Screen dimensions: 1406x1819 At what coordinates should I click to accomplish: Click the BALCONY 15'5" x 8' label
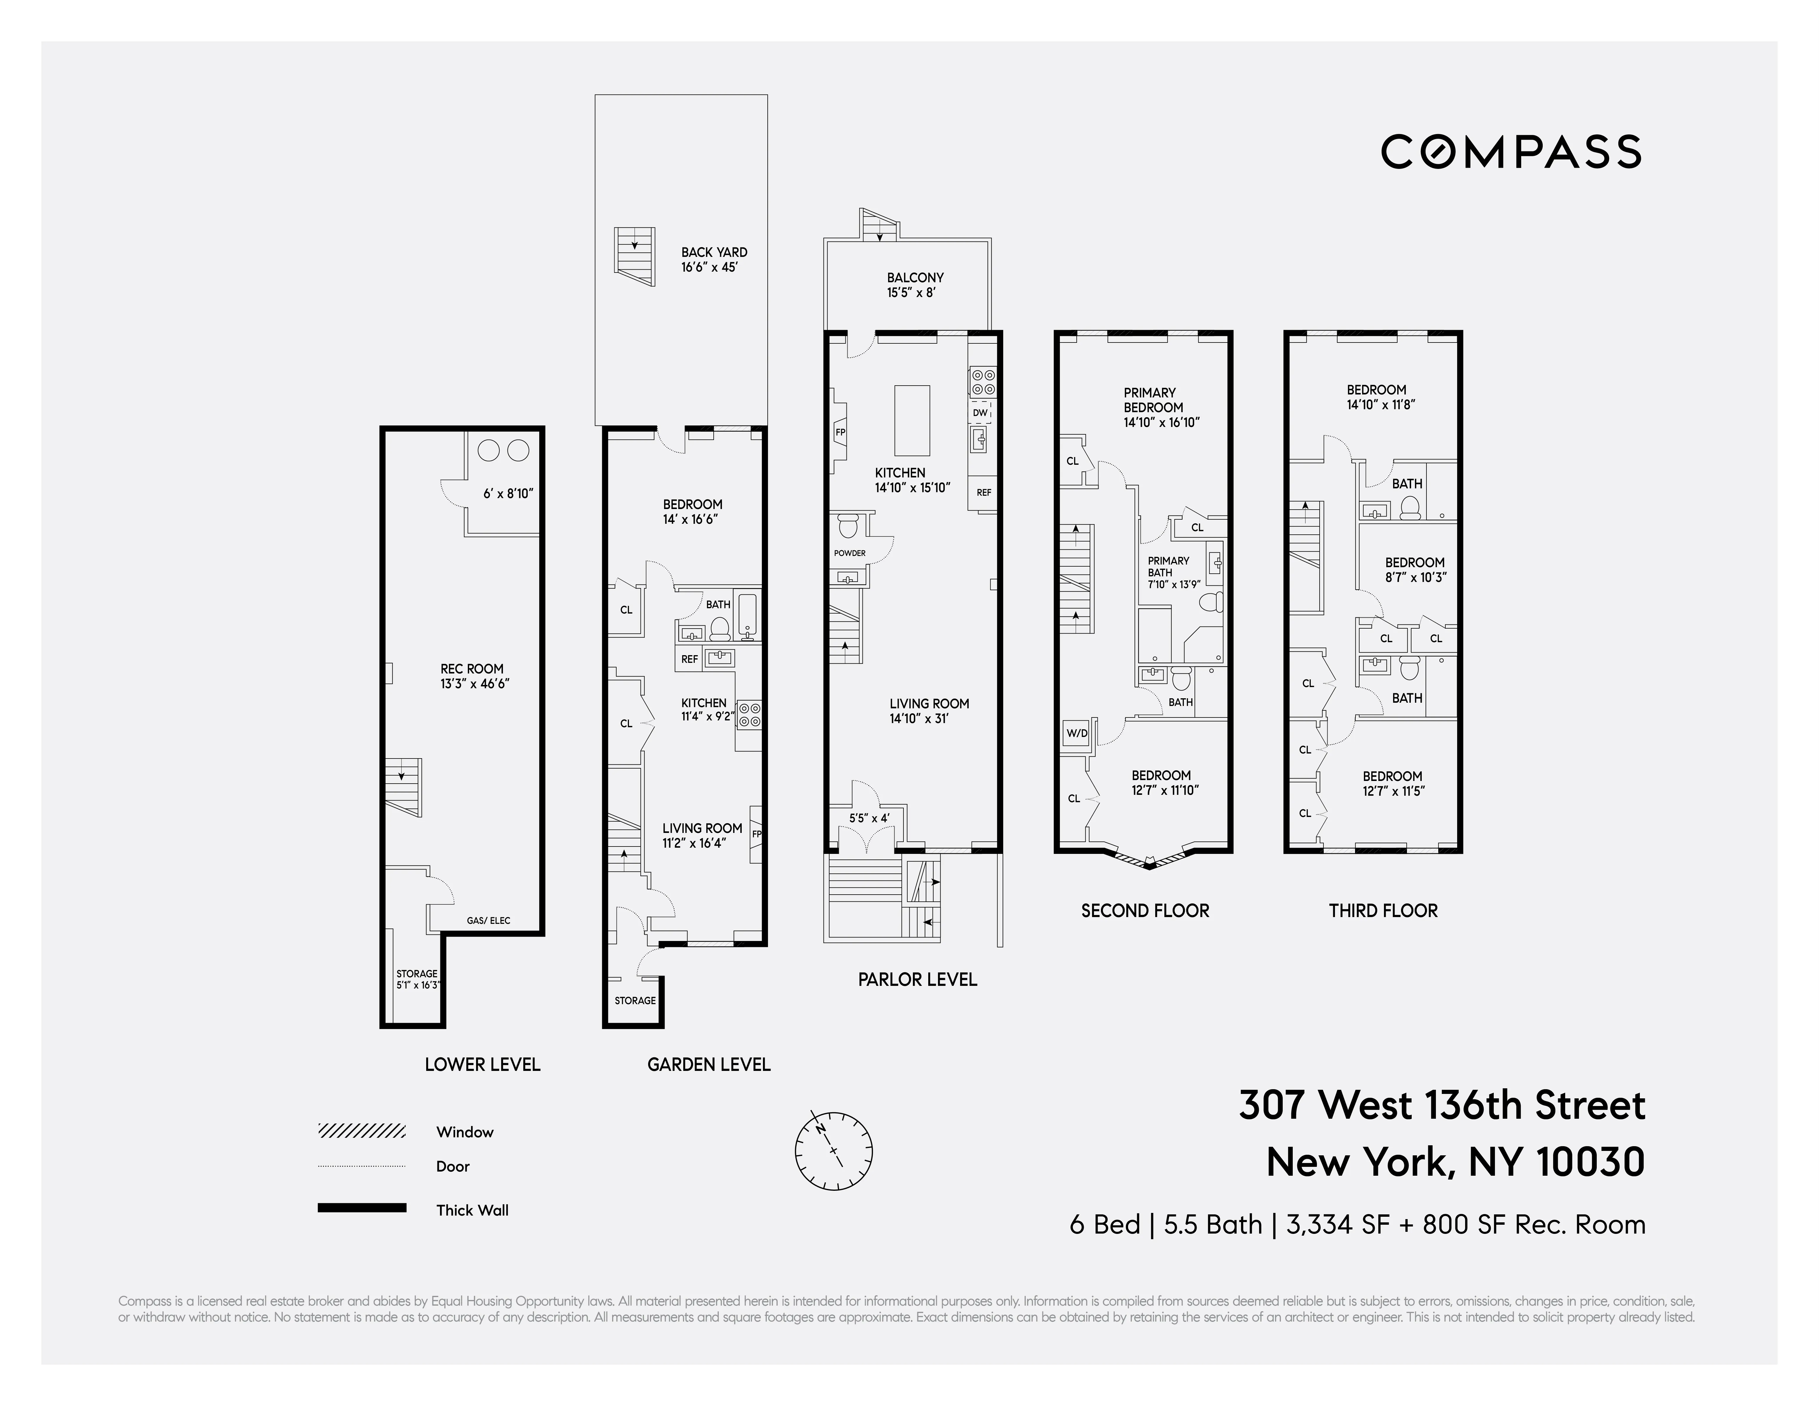pyautogui.click(x=914, y=285)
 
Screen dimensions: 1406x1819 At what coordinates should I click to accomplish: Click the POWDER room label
pyautogui.click(x=849, y=553)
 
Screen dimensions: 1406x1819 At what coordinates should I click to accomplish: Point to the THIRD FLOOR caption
pyautogui.click(x=1382, y=910)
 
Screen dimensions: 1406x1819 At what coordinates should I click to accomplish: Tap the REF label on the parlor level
pyautogui.click(x=984, y=492)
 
